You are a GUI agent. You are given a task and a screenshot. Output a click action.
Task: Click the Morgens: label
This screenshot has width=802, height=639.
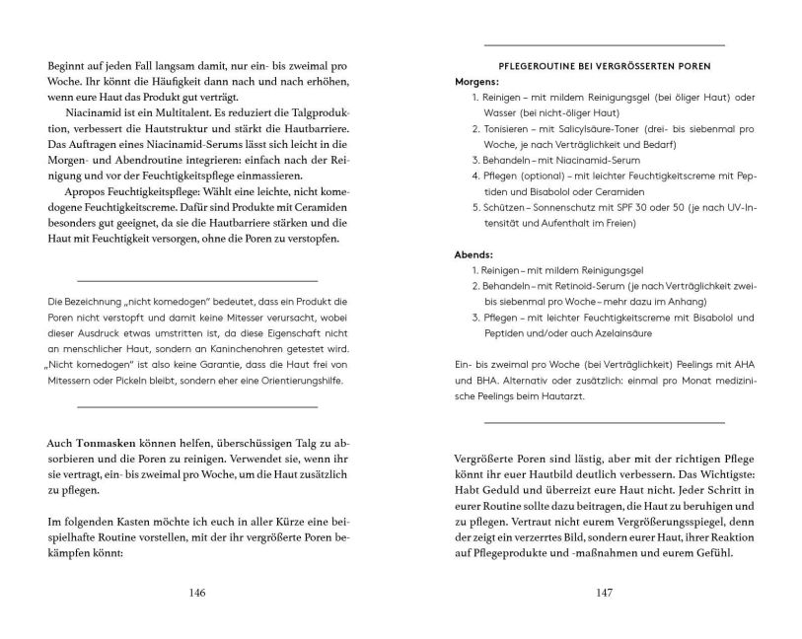point(476,81)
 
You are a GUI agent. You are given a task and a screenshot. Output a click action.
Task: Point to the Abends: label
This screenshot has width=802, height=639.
point(473,253)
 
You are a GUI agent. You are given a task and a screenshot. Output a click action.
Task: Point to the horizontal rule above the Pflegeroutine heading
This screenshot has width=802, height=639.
point(605,45)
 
